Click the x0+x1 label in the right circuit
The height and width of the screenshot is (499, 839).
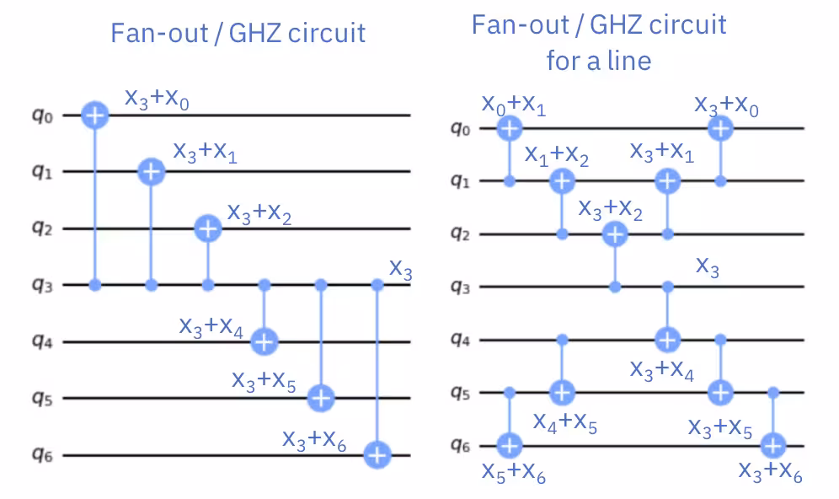(x=513, y=105)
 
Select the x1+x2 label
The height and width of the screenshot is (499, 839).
(x=556, y=156)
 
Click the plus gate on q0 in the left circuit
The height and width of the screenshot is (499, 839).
(x=95, y=116)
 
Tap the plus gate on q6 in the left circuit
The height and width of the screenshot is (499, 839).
(x=377, y=455)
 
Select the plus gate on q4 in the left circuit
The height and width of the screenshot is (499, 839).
(x=265, y=341)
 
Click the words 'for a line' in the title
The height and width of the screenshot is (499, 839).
(x=598, y=61)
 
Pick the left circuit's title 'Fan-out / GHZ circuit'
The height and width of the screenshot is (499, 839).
(x=238, y=33)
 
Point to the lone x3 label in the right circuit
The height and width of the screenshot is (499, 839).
(x=708, y=267)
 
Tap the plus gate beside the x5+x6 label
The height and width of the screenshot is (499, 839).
(x=509, y=444)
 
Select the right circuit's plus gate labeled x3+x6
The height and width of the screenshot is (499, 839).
(x=773, y=444)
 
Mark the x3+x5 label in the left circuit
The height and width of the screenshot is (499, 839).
(x=264, y=380)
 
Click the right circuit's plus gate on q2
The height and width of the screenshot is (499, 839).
(x=615, y=233)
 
